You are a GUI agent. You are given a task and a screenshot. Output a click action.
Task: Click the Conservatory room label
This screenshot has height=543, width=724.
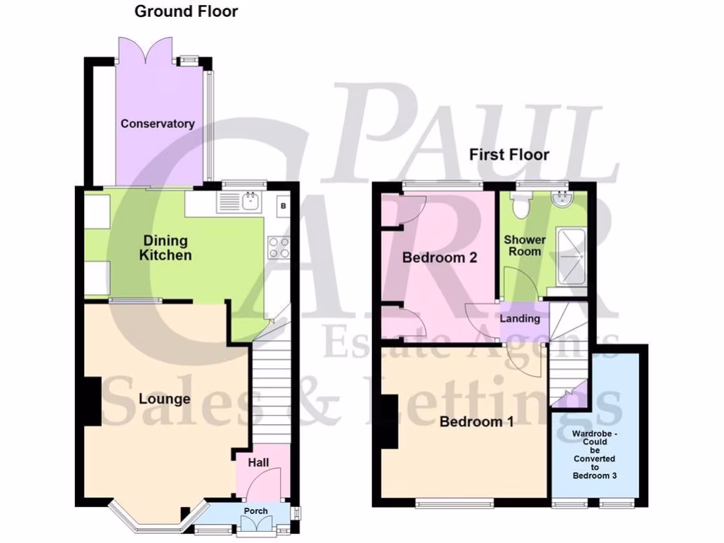pos(157,124)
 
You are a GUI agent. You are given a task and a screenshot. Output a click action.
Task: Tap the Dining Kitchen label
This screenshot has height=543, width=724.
pos(165,247)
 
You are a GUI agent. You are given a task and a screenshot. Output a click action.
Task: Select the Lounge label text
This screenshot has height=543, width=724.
pos(164,399)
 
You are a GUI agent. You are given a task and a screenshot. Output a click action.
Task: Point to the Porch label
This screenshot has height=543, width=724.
pos(255,511)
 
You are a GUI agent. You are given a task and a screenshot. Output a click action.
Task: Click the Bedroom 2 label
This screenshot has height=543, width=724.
pos(440,257)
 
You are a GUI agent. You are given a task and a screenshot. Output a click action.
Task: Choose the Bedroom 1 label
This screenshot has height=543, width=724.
pos(476,422)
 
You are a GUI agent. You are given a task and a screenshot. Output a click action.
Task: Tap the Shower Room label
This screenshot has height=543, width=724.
pos(525,245)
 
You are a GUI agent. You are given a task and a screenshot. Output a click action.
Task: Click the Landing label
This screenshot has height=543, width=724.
pos(520,319)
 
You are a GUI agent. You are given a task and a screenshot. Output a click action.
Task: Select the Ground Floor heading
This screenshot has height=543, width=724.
pos(186,11)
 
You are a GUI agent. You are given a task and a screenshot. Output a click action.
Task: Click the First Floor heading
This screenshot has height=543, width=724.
pos(509,154)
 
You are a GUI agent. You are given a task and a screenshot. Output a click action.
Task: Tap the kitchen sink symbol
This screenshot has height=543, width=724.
pos(250,202)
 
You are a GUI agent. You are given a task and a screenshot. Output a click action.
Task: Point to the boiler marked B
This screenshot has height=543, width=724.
pos(283,206)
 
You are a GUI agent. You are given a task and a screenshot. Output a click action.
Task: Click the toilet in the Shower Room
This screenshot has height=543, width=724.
pos(521,205)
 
